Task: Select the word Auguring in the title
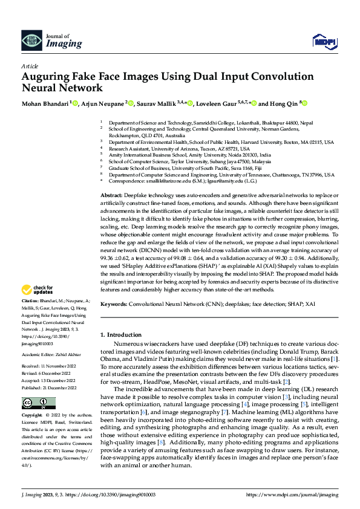click(x=47, y=77)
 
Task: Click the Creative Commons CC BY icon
click(x=39, y=403)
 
